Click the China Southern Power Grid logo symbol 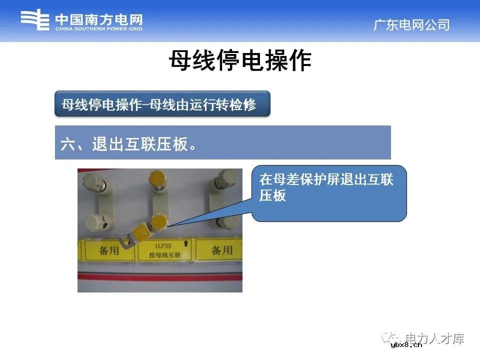click(x=35, y=21)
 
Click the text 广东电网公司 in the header click(x=411, y=25)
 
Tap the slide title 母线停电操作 click(x=239, y=61)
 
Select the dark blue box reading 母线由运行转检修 click(x=162, y=104)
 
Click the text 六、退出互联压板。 click(x=127, y=144)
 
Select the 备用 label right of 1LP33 click(x=222, y=250)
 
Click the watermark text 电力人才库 click(x=435, y=338)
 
